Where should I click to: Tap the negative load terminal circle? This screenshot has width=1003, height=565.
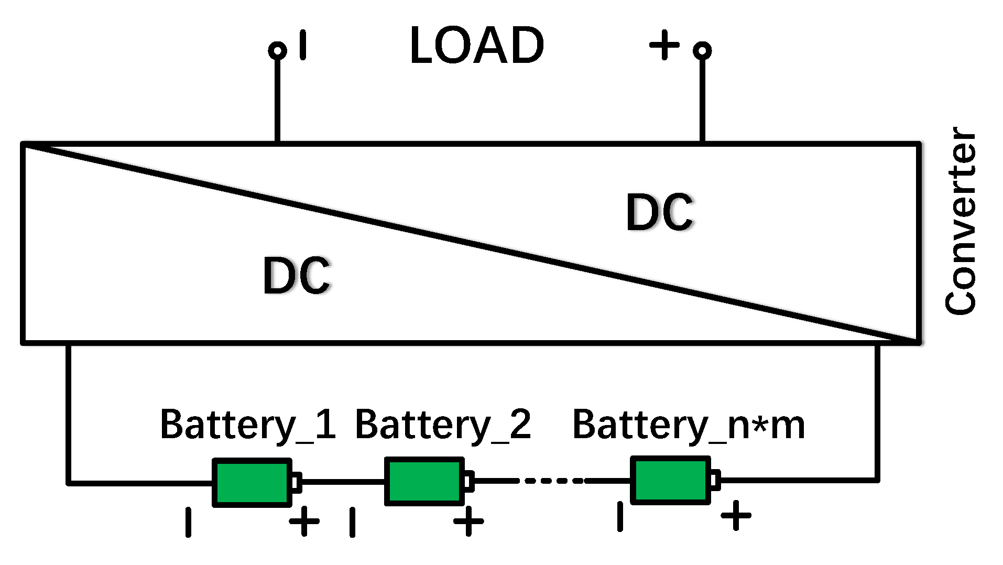(277, 50)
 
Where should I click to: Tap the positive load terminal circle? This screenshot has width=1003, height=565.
(702, 50)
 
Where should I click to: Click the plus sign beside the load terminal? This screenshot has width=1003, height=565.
(664, 45)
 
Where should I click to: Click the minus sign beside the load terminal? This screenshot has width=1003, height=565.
(303, 45)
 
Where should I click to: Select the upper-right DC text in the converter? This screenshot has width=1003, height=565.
(660, 212)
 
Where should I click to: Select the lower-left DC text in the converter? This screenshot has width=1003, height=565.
(297, 276)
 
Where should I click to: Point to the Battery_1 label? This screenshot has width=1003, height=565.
(247, 425)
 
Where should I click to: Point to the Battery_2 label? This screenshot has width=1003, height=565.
(443, 425)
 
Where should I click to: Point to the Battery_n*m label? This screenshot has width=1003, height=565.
(688, 425)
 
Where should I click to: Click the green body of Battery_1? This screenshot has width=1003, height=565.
(252, 483)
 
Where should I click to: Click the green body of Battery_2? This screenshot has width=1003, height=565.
(424, 481)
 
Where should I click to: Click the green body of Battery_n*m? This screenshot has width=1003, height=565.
(670, 480)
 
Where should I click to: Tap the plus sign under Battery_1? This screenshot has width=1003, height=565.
(304, 521)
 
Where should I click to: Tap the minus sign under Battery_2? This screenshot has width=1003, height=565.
(352, 522)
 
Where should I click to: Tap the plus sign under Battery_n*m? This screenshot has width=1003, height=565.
(736, 515)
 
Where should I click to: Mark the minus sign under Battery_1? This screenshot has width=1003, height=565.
(188, 522)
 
